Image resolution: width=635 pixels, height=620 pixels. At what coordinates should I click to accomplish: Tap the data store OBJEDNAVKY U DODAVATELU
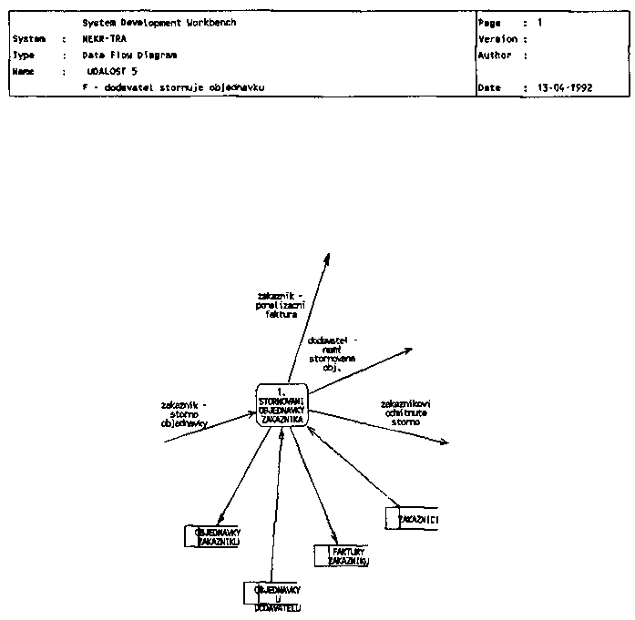[271, 595]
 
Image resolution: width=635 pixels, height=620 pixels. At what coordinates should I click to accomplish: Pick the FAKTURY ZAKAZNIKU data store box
[341, 555]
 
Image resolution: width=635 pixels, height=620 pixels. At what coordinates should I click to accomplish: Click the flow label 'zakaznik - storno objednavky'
[184, 414]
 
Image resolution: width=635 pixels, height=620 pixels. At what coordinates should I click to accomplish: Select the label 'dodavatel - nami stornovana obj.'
[333, 354]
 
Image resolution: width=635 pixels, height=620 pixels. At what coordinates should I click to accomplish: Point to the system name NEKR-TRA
[103, 39]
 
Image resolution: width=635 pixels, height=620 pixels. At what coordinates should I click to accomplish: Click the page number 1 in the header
[540, 22]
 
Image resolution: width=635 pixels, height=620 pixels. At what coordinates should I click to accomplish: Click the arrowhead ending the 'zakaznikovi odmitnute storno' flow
[446, 442]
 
